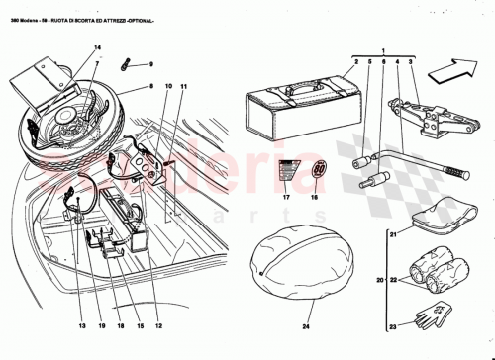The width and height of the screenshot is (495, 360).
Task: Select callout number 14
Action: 96,46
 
